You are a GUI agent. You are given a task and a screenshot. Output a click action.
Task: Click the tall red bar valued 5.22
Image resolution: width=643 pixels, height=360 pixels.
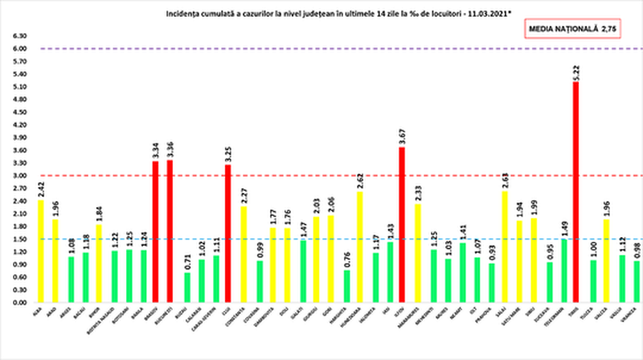[x=575, y=192]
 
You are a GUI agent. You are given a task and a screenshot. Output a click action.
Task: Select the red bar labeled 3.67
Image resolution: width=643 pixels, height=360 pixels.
[x=400, y=225]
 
